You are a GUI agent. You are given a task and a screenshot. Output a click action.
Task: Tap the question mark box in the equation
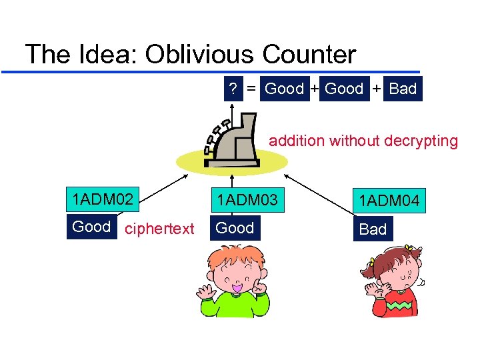coord(233,89)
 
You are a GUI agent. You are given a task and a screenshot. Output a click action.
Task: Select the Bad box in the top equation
coord(403,89)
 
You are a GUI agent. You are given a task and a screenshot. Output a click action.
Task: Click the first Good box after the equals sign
coord(284,89)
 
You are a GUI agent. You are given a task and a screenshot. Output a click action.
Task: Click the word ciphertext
coord(160,229)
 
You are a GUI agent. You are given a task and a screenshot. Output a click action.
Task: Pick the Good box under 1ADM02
coord(91,227)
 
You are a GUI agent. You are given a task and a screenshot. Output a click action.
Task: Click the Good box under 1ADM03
coord(235,228)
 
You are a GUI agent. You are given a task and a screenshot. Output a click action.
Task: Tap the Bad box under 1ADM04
coord(373,229)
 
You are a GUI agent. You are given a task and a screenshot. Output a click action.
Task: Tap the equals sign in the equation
coord(252,89)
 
